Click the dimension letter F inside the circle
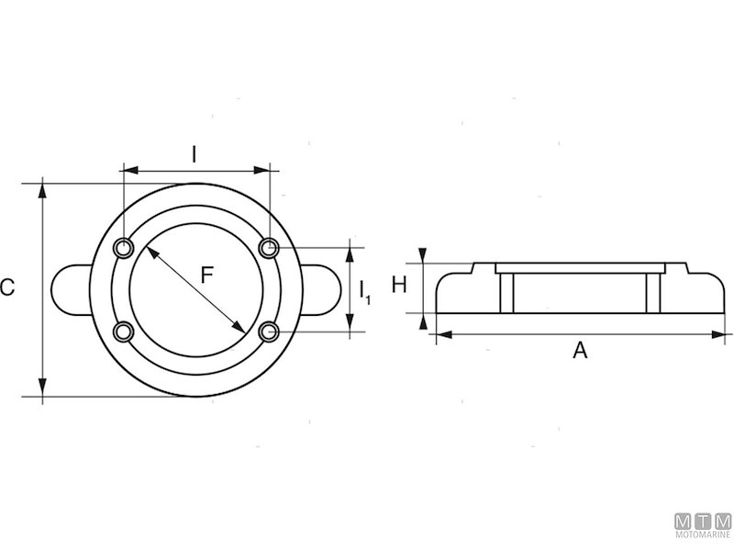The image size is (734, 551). click(207, 275)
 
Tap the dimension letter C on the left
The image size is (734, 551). click(7, 287)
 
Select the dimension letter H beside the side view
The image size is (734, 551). click(399, 285)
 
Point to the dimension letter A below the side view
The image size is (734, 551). click(580, 350)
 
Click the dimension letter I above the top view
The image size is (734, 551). click(194, 154)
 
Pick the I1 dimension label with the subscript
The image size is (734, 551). click(365, 292)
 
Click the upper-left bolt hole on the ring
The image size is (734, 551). click(124, 248)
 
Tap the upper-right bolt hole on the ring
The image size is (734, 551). click(269, 247)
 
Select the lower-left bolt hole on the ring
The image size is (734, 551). click(124, 332)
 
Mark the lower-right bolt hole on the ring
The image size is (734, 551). click(269, 332)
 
